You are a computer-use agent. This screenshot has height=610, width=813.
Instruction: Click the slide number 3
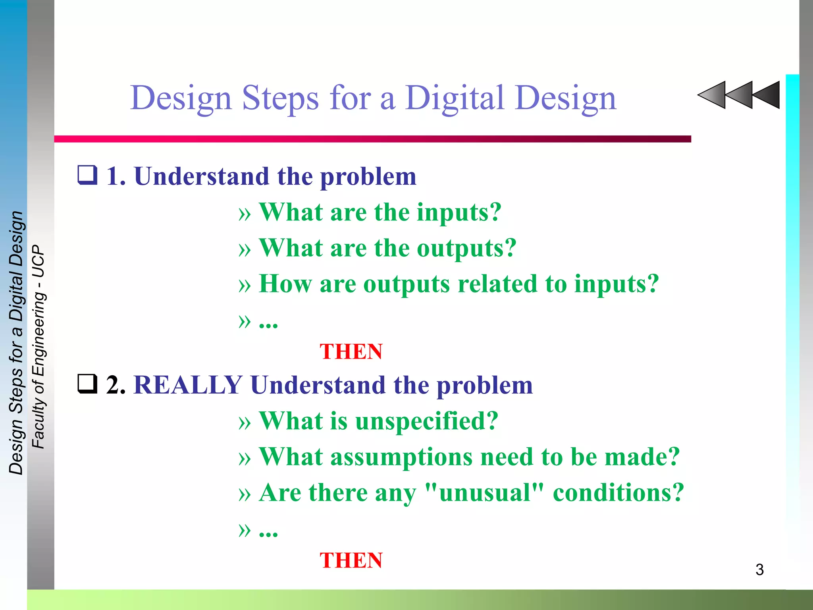759,570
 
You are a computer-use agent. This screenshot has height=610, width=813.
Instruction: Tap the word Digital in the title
455,98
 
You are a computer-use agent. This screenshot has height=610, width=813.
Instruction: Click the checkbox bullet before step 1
87,175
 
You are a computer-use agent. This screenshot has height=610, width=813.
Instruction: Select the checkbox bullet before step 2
87,384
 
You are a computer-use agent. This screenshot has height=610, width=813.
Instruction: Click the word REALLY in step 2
188,385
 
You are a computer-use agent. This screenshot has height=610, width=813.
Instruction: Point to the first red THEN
351,351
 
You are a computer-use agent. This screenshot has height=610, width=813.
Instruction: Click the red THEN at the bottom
351,560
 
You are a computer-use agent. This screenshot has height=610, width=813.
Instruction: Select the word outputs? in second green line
466,248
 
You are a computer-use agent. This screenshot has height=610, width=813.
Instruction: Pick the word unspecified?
427,421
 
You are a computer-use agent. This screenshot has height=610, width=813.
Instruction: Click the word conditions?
618,492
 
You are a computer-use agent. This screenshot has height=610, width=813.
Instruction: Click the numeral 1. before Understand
116,176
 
